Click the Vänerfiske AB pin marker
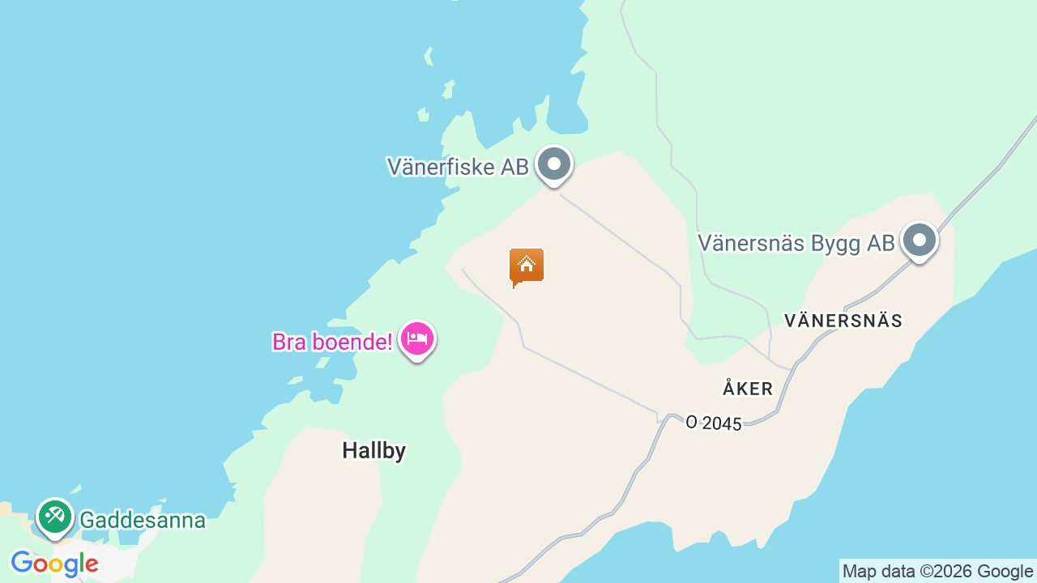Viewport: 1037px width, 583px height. tap(554, 164)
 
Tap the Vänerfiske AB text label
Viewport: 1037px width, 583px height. tap(458, 167)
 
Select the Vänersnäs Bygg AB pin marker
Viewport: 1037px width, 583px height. tap(920, 240)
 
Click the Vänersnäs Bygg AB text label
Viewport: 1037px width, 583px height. tap(796, 243)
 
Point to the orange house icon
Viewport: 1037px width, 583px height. tap(527, 266)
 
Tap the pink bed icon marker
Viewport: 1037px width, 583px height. tap(417, 339)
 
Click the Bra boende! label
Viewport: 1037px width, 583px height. tap(332, 342)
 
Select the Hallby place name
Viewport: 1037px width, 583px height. tap(373, 450)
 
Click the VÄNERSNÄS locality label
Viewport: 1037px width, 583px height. tap(843, 321)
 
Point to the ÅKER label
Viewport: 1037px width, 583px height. tap(748, 389)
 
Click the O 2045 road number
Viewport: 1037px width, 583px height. tap(714, 423)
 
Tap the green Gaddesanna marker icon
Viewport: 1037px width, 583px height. tap(55, 516)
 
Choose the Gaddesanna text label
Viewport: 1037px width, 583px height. tap(143, 520)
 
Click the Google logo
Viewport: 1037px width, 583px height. tap(54, 564)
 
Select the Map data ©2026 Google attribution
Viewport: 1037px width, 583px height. tap(937, 572)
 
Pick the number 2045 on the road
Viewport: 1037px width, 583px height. tap(722, 423)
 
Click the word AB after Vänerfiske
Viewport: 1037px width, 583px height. tap(514, 167)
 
